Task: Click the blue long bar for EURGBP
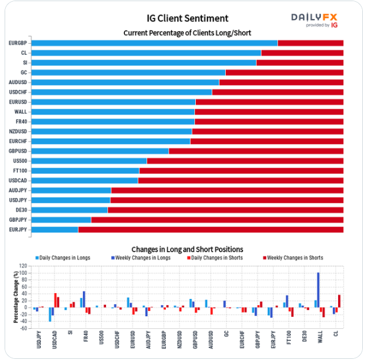pyautogui.click(x=154, y=43)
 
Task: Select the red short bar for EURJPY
pyautogui.click(x=211, y=229)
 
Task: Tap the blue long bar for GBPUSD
pyautogui.click(x=100, y=151)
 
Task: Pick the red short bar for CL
pyautogui.click(x=302, y=53)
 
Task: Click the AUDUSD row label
pyautogui.click(x=18, y=82)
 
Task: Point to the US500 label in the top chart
pyautogui.click(x=20, y=161)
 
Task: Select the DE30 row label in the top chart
pyautogui.click(x=21, y=210)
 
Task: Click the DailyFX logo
pyautogui.click(x=314, y=20)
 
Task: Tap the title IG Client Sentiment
pyautogui.click(x=187, y=18)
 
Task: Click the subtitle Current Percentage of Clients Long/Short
pyautogui.click(x=187, y=33)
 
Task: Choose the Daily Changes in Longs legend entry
pyautogui.click(x=63, y=257)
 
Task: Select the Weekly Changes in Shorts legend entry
pyautogui.click(x=293, y=257)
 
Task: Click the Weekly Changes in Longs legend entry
pyautogui.click(x=141, y=257)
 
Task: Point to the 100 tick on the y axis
pyautogui.click(x=23, y=273)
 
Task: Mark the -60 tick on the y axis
pyautogui.click(x=23, y=328)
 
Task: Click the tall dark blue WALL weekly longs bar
pyautogui.click(x=318, y=290)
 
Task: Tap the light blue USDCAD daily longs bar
pyautogui.click(x=50, y=314)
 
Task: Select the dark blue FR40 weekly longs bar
pyautogui.click(x=84, y=300)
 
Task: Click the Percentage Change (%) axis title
pyautogui.click(x=16, y=297)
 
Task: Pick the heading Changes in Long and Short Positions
pyautogui.click(x=187, y=249)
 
